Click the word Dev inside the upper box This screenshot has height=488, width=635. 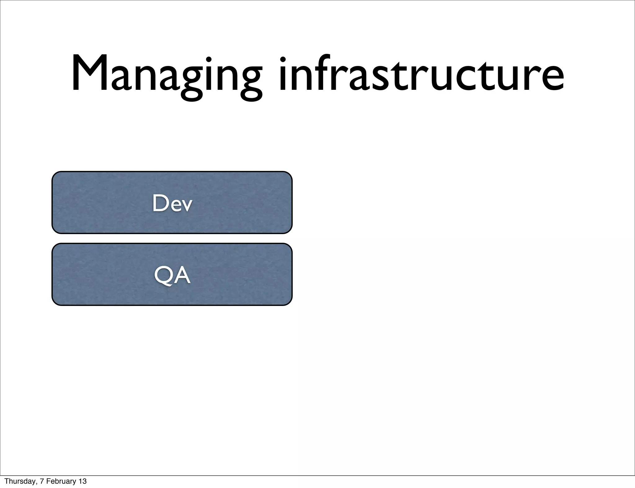coord(172,203)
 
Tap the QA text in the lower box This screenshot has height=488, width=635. coord(172,275)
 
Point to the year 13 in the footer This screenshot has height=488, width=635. coord(83,481)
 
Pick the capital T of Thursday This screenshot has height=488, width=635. coord(7,481)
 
